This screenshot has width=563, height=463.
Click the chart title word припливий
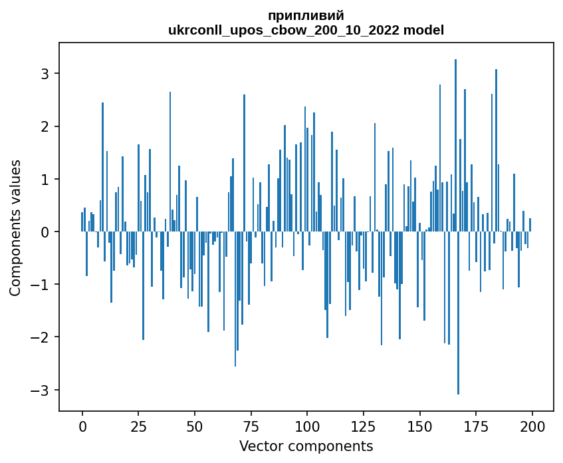(x=306, y=15)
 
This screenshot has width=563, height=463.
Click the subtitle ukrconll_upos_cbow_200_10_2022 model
(x=306, y=30)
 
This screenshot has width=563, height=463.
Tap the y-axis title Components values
(x=15, y=228)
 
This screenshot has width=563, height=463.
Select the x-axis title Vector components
(x=306, y=446)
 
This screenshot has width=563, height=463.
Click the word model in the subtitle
(x=427, y=30)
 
